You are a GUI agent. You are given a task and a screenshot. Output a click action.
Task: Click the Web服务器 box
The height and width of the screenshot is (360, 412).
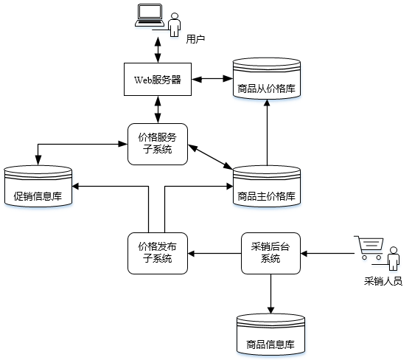157,79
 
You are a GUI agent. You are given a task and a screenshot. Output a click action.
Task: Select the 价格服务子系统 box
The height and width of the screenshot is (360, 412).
157,144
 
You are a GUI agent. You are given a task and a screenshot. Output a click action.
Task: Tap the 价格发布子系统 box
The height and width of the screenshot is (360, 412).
158,252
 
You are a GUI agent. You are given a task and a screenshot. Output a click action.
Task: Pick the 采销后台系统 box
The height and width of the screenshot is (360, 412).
270,252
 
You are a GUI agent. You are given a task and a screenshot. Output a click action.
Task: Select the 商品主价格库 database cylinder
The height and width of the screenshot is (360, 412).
267,187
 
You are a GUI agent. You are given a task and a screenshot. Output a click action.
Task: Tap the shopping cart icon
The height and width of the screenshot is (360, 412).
368,248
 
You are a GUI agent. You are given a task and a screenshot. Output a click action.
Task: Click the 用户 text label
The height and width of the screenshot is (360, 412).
195,38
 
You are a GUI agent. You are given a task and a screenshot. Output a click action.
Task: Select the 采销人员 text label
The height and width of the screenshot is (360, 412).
383,281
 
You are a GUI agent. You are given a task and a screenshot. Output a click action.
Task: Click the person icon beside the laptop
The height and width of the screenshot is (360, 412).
175,24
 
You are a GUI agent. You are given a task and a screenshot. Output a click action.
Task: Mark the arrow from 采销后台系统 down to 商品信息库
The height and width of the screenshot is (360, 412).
270,291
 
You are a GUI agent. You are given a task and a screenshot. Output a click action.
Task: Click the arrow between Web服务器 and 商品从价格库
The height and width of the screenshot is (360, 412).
212,78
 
